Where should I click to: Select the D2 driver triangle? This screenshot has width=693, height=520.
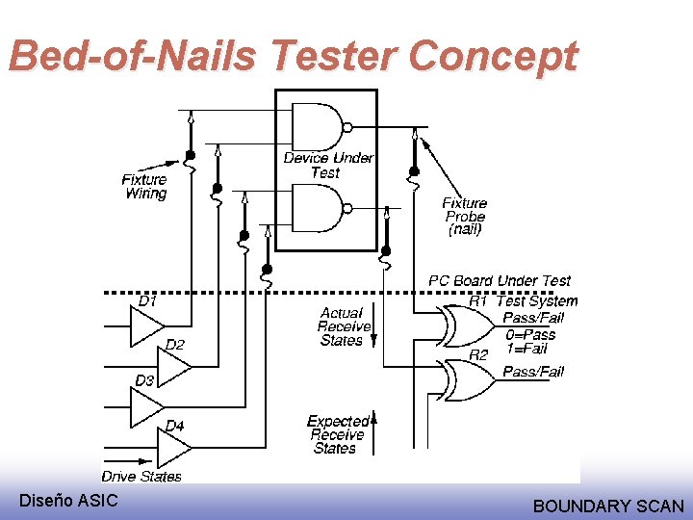click(173, 365)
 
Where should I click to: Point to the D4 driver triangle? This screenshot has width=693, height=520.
click(173, 445)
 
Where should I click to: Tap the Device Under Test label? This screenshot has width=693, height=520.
click(328, 165)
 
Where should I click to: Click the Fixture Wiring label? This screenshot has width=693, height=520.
click(144, 186)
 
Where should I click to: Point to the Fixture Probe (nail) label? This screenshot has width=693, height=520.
click(465, 216)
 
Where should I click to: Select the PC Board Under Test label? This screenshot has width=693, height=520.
click(499, 280)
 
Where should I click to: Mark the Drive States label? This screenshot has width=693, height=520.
click(141, 476)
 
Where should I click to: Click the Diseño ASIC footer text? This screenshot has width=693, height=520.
click(68, 500)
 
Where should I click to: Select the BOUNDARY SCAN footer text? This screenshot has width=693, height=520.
click(608, 506)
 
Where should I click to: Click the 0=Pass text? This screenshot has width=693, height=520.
click(530, 334)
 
